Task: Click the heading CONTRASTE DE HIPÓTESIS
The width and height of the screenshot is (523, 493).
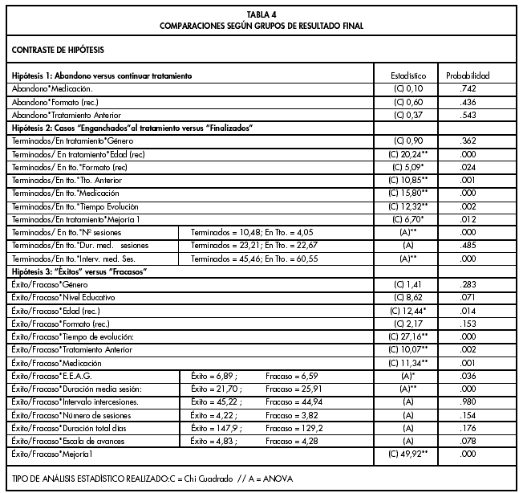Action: (58, 50)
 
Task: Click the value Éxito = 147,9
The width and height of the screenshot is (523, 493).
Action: (213, 428)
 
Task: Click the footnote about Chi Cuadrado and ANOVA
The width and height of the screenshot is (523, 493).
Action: (152, 479)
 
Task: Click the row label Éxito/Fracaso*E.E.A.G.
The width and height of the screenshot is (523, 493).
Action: (48, 376)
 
